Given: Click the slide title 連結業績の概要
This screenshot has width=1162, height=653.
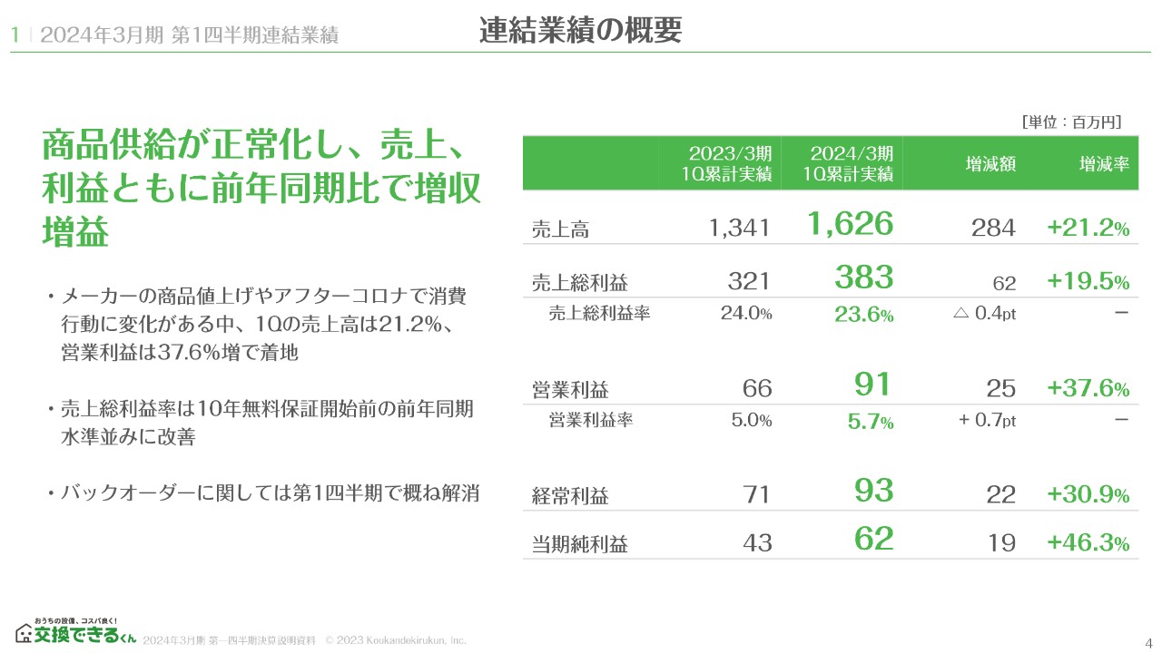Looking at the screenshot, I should (x=581, y=31).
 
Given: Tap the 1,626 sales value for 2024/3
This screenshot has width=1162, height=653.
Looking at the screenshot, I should (x=851, y=223).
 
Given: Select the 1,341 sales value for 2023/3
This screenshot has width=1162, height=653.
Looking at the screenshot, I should (x=739, y=229).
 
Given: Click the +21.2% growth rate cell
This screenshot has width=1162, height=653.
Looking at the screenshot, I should (x=1088, y=229).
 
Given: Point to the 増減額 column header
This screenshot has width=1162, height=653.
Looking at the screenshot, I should (x=990, y=164).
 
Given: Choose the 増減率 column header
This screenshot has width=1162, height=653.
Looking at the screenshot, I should (x=1104, y=164).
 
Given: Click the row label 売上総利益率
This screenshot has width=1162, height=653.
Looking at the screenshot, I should (x=599, y=314).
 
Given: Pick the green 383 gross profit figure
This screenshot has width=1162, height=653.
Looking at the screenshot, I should (x=864, y=277).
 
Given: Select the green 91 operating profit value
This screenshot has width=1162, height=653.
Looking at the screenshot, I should (x=874, y=384).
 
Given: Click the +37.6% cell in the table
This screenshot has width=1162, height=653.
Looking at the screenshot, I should (x=1088, y=389).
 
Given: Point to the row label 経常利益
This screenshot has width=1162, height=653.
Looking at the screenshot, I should (x=570, y=496).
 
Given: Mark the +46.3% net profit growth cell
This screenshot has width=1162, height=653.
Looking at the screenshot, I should (x=1088, y=543).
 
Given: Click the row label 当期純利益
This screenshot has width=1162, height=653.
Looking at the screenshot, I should (x=579, y=544).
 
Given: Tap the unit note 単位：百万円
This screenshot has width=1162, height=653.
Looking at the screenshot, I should (x=1071, y=122).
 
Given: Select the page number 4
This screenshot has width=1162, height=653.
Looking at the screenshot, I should (x=1149, y=642).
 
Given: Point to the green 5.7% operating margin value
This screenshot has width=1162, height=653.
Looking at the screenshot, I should (x=871, y=422).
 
